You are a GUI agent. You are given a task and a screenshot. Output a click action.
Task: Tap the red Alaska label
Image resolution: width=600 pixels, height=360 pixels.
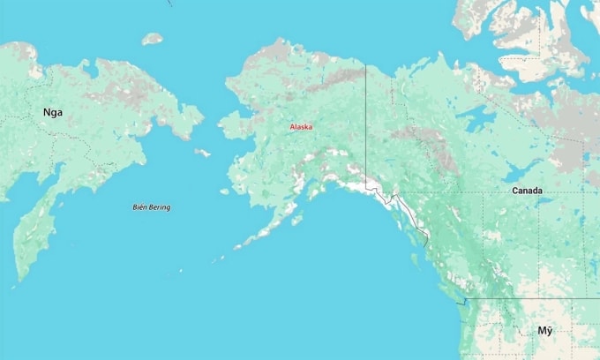302,128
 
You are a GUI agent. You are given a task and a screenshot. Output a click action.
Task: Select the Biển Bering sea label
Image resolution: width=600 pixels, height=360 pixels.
152,207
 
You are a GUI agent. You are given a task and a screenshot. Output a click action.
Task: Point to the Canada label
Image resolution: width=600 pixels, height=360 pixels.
527,191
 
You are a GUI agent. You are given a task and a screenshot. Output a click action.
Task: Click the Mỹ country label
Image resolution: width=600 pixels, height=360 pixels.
545,331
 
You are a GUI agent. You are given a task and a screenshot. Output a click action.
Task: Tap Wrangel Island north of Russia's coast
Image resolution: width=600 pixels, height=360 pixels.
153,39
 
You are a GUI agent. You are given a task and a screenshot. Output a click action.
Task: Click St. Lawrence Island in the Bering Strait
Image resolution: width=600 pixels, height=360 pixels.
203,153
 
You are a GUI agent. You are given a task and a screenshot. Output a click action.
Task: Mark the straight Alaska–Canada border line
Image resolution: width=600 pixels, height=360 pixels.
366,124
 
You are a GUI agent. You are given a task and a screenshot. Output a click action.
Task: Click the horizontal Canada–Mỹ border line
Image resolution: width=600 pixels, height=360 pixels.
529,299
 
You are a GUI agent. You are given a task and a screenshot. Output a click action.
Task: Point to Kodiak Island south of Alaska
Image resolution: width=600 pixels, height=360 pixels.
297,217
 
